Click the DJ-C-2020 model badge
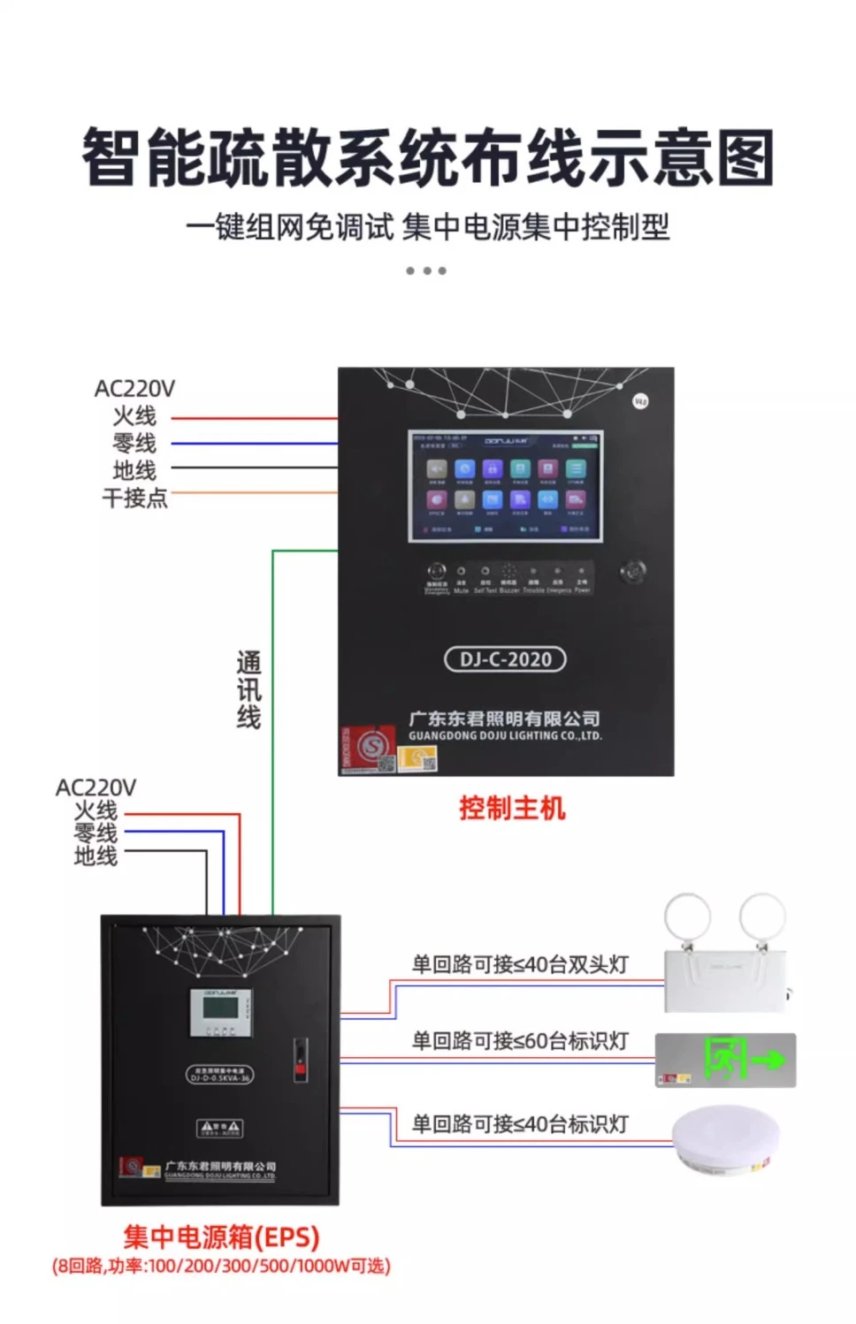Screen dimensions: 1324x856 505,659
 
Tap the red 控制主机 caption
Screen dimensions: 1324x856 512,808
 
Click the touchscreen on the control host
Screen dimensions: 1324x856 505,486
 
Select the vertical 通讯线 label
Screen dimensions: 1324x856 248,689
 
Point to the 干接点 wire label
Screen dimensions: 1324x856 134,498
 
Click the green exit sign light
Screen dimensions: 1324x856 726,1060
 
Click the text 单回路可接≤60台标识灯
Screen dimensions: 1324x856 520,1041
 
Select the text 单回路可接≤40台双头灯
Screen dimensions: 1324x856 520,964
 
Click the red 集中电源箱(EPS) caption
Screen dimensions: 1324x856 221,1236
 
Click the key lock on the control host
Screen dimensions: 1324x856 633,571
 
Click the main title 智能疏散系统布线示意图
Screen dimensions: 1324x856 428,157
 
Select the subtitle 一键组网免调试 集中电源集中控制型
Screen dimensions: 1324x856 428,228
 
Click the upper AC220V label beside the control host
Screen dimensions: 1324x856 134,388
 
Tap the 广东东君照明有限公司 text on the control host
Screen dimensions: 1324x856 504,719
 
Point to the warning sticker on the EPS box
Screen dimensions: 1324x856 219,1128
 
